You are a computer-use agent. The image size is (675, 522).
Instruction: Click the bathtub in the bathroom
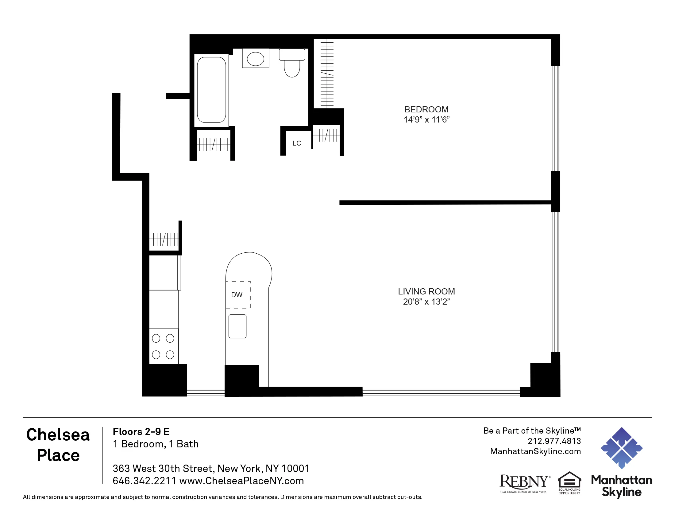pos(211,90)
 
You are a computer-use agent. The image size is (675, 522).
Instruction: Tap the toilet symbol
pos(292,64)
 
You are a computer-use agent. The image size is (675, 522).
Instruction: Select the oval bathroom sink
pos(255,59)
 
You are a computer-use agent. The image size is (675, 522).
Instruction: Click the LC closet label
pos(297,143)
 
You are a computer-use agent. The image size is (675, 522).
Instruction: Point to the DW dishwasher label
pos(237,295)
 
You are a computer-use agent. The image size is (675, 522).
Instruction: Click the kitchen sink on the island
pos(237,326)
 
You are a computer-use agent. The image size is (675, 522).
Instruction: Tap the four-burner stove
pos(163,346)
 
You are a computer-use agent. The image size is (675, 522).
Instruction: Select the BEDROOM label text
pos(426,110)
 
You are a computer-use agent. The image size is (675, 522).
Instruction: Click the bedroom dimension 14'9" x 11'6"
pos(426,120)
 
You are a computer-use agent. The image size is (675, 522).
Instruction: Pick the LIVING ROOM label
pos(426,291)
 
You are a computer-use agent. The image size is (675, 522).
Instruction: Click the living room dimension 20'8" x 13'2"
pos(426,302)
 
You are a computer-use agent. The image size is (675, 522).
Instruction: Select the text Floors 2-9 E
pos(141,431)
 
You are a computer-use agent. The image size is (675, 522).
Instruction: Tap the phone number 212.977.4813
pos(554,441)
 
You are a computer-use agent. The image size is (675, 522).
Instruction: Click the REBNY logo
pos(524,483)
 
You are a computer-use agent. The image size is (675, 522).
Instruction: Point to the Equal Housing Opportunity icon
pos(569,482)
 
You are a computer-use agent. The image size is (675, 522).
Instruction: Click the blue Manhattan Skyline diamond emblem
pos(622,448)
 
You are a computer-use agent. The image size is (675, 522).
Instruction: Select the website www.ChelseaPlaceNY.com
pos(241,481)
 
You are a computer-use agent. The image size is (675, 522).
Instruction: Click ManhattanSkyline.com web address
pos(535,451)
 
